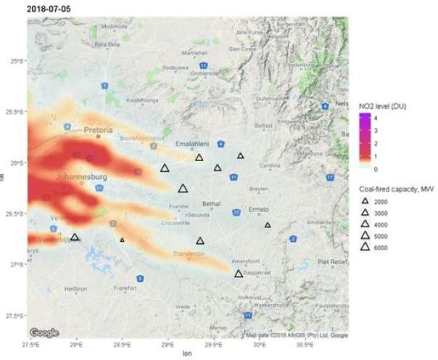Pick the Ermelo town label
point(259,209)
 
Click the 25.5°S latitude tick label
point(13,112)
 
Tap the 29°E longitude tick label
point(168,344)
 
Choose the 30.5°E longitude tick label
point(305,344)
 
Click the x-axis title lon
point(187,353)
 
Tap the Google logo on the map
point(44,333)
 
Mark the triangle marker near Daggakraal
point(239,274)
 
